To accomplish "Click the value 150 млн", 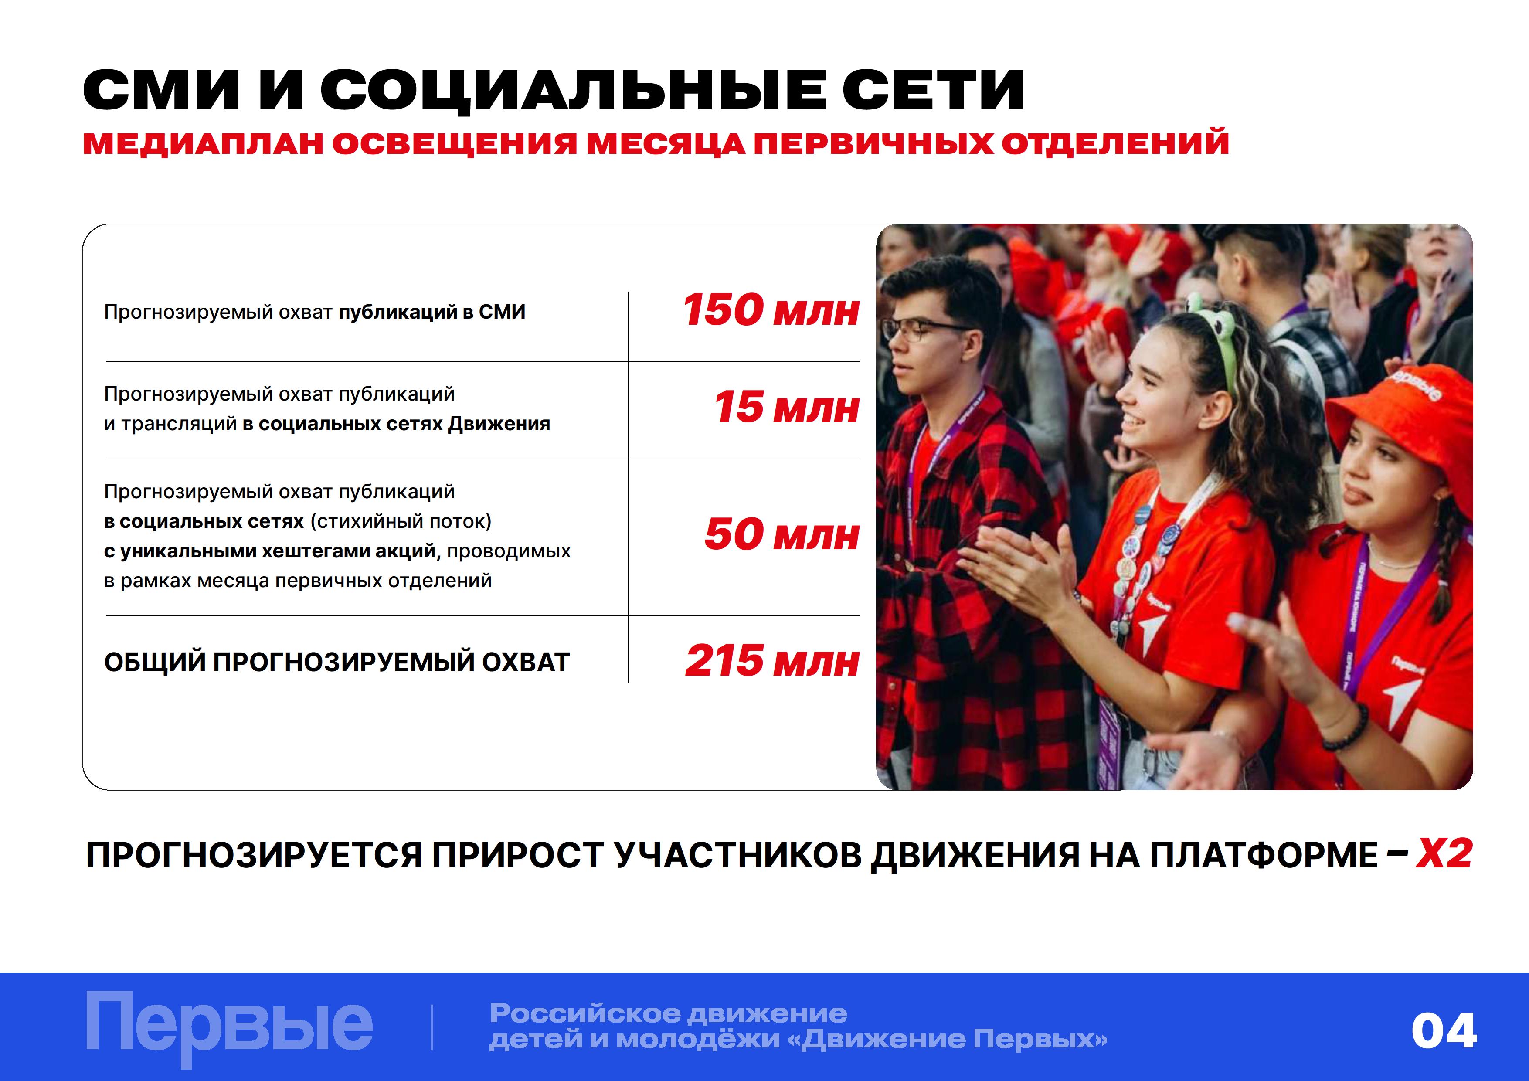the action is point(771,310).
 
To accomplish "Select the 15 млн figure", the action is point(786,408).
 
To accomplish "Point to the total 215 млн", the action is point(772,661).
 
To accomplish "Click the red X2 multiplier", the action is point(1444,854).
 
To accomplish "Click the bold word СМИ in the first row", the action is point(502,312).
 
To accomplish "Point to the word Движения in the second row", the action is point(499,424).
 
